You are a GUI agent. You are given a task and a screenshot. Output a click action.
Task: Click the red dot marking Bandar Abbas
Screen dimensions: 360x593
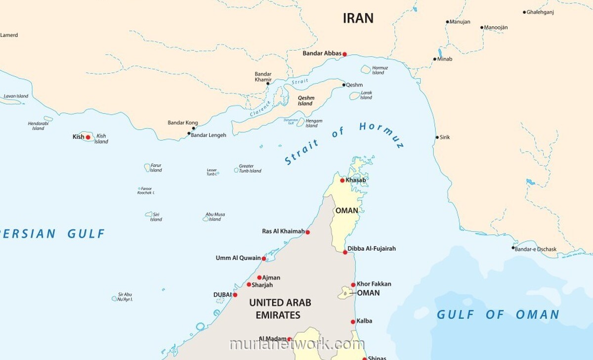(x=344, y=54)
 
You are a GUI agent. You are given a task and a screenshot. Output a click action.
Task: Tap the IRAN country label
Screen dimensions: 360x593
(x=358, y=18)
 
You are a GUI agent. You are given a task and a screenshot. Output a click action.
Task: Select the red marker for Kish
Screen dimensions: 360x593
(x=88, y=137)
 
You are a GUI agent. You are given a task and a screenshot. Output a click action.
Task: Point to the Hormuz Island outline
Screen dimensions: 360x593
(x=366, y=70)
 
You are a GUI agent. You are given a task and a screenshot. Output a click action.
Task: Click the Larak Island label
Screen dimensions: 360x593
(x=366, y=95)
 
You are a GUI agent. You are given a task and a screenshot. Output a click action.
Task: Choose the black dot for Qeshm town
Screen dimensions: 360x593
(x=344, y=85)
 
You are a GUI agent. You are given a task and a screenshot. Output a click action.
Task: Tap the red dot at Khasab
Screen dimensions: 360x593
(x=342, y=180)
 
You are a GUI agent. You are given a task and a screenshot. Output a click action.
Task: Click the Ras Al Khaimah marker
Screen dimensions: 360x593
(x=307, y=232)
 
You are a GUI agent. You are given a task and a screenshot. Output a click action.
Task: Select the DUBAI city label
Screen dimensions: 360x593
(x=222, y=295)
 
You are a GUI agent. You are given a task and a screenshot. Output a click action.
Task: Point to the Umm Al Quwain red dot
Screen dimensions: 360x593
(x=264, y=258)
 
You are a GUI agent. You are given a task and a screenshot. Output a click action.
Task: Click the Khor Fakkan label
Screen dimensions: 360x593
(x=374, y=284)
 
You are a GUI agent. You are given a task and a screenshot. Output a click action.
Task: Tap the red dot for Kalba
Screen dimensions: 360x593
(x=353, y=321)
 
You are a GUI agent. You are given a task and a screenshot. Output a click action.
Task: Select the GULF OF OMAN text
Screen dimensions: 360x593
(x=498, y=315)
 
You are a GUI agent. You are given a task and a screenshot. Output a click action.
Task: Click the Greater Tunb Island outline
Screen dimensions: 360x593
(x=236, y=170)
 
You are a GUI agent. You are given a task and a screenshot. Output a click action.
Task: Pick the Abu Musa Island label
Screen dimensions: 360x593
(x=215, y=217)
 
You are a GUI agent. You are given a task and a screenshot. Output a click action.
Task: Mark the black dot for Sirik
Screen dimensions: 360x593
(x=437, y=137)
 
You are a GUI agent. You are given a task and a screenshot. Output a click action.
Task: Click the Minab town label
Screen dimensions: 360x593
(x=445, y=59)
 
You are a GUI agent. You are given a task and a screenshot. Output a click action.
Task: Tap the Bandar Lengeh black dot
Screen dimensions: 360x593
(x=189, y=134)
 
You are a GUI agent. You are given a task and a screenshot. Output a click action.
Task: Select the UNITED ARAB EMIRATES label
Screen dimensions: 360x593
(x=281, y=309)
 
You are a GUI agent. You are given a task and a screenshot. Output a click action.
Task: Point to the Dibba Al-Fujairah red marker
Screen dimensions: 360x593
(x=345, y=252)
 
